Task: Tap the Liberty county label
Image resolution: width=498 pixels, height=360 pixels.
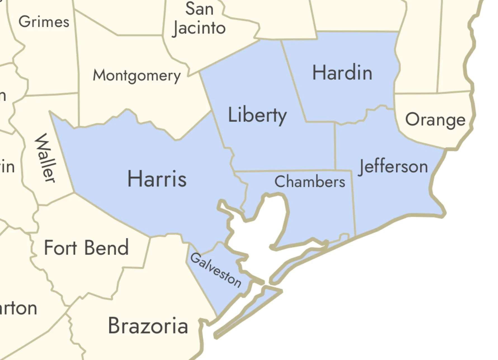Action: coord(257,115)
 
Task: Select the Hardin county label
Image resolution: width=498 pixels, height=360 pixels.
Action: coord(342,72)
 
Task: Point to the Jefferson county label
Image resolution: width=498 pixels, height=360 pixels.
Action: coord(393,167)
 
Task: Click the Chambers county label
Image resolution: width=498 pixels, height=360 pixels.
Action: coord(310,182)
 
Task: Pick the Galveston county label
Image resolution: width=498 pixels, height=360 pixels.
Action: coord(216,270)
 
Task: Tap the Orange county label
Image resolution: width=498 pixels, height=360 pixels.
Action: coord(435,120)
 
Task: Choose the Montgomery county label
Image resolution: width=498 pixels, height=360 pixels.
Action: coord(137,76)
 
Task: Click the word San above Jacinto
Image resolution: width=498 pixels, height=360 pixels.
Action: coord(199,9)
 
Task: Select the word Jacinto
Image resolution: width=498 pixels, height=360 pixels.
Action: coord(199,28)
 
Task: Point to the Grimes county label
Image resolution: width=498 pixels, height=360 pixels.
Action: coord(44,22)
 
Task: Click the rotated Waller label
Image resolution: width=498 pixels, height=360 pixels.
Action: coord(45,158)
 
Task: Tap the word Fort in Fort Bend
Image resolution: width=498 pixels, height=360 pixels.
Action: coord(60,248)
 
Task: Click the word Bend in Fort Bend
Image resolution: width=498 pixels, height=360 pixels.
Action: coord(107,248)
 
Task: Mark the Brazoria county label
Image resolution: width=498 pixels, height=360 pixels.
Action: coord(148,326)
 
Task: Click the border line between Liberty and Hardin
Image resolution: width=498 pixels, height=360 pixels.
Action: coord(294,81)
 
